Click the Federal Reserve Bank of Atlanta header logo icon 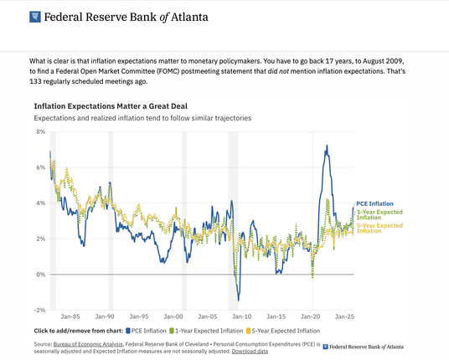[35, 17]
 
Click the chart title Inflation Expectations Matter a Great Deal [111, 106]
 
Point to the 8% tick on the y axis [41, 131]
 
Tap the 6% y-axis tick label [41, 167]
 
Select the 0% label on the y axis [41, 275]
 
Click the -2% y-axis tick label [40, 311]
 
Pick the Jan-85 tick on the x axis [70, 316]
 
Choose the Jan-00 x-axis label [173, 316]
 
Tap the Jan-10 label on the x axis [242, 316]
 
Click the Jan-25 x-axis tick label [345, 316]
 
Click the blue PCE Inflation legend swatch [128, 331]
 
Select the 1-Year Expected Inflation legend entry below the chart [206, 331]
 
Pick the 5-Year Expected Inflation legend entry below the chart [283, 331]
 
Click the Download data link [250, 351]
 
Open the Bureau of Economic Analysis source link [88, 344]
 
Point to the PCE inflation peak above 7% [327, 146]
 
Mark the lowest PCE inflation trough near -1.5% [239, 301]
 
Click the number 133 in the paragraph [34, 81]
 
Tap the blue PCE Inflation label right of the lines [374, 203]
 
